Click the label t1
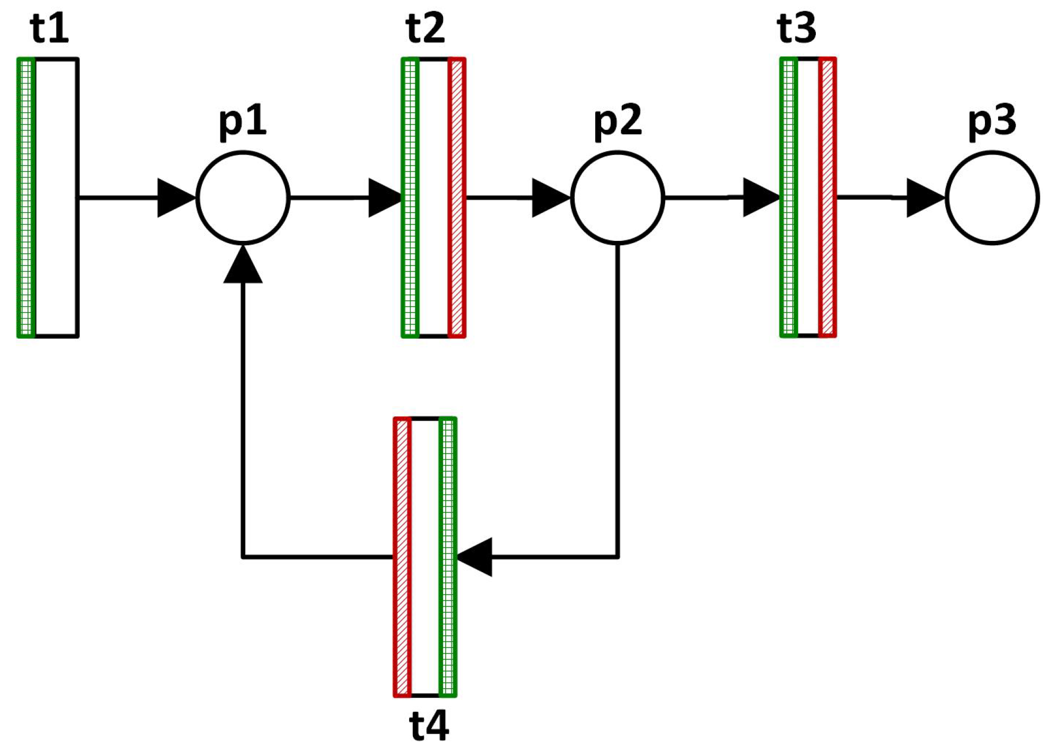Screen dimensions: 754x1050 pyautogui.click(x=50, y=29)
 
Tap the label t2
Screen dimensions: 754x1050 pyautogui.click(x=426, y=29)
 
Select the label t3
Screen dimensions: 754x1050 pyautogui.click(x=797, y=29)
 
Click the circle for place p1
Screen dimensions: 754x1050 pyautogui.click(x=243, y=198)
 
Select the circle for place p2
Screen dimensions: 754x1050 pyautogui.click(x=618, y=198)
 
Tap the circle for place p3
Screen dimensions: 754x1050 pyautogui.click(x=992, y=198)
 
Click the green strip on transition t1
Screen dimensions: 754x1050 pyautogui.click(x=26, y=198)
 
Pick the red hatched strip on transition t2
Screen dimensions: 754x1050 pyautogui.click(x=457, y=198)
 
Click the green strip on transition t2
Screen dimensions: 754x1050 pyautogui.click(x=410, y=198)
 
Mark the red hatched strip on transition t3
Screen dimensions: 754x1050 pyautogui.click(x=827, y=198)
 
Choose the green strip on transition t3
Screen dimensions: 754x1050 pyautogui.click(x=788, y=198)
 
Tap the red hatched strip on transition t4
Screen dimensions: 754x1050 pyautogui.click(x=402, y=557)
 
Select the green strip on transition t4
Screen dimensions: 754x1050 pyautogui.click(x=448, y=557)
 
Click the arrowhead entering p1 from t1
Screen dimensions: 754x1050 pyautogui.click(x=174, y=198)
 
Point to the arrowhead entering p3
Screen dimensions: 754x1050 pyautogui.click(x=924, y=198)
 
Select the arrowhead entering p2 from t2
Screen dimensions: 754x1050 pyautogui.click(x=549, y=198)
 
